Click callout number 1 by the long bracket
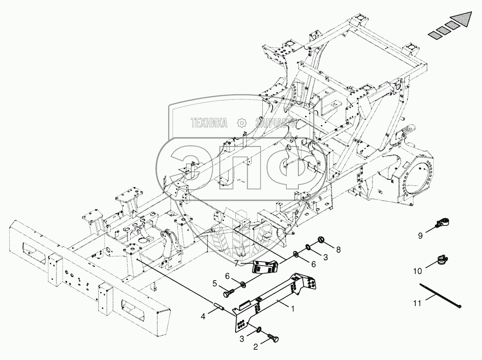pos(293,309)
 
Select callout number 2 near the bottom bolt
pos(256,347)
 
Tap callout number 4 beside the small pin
pos(203,316)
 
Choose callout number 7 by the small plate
pos(236,263)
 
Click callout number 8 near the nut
pos(339,250)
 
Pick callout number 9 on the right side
pos(420,236)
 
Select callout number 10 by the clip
pos(418,271)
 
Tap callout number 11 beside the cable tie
pos(417,303)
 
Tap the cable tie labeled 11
pos(440,295)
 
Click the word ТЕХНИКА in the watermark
pos(209,123)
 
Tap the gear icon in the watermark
pos(242,123)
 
